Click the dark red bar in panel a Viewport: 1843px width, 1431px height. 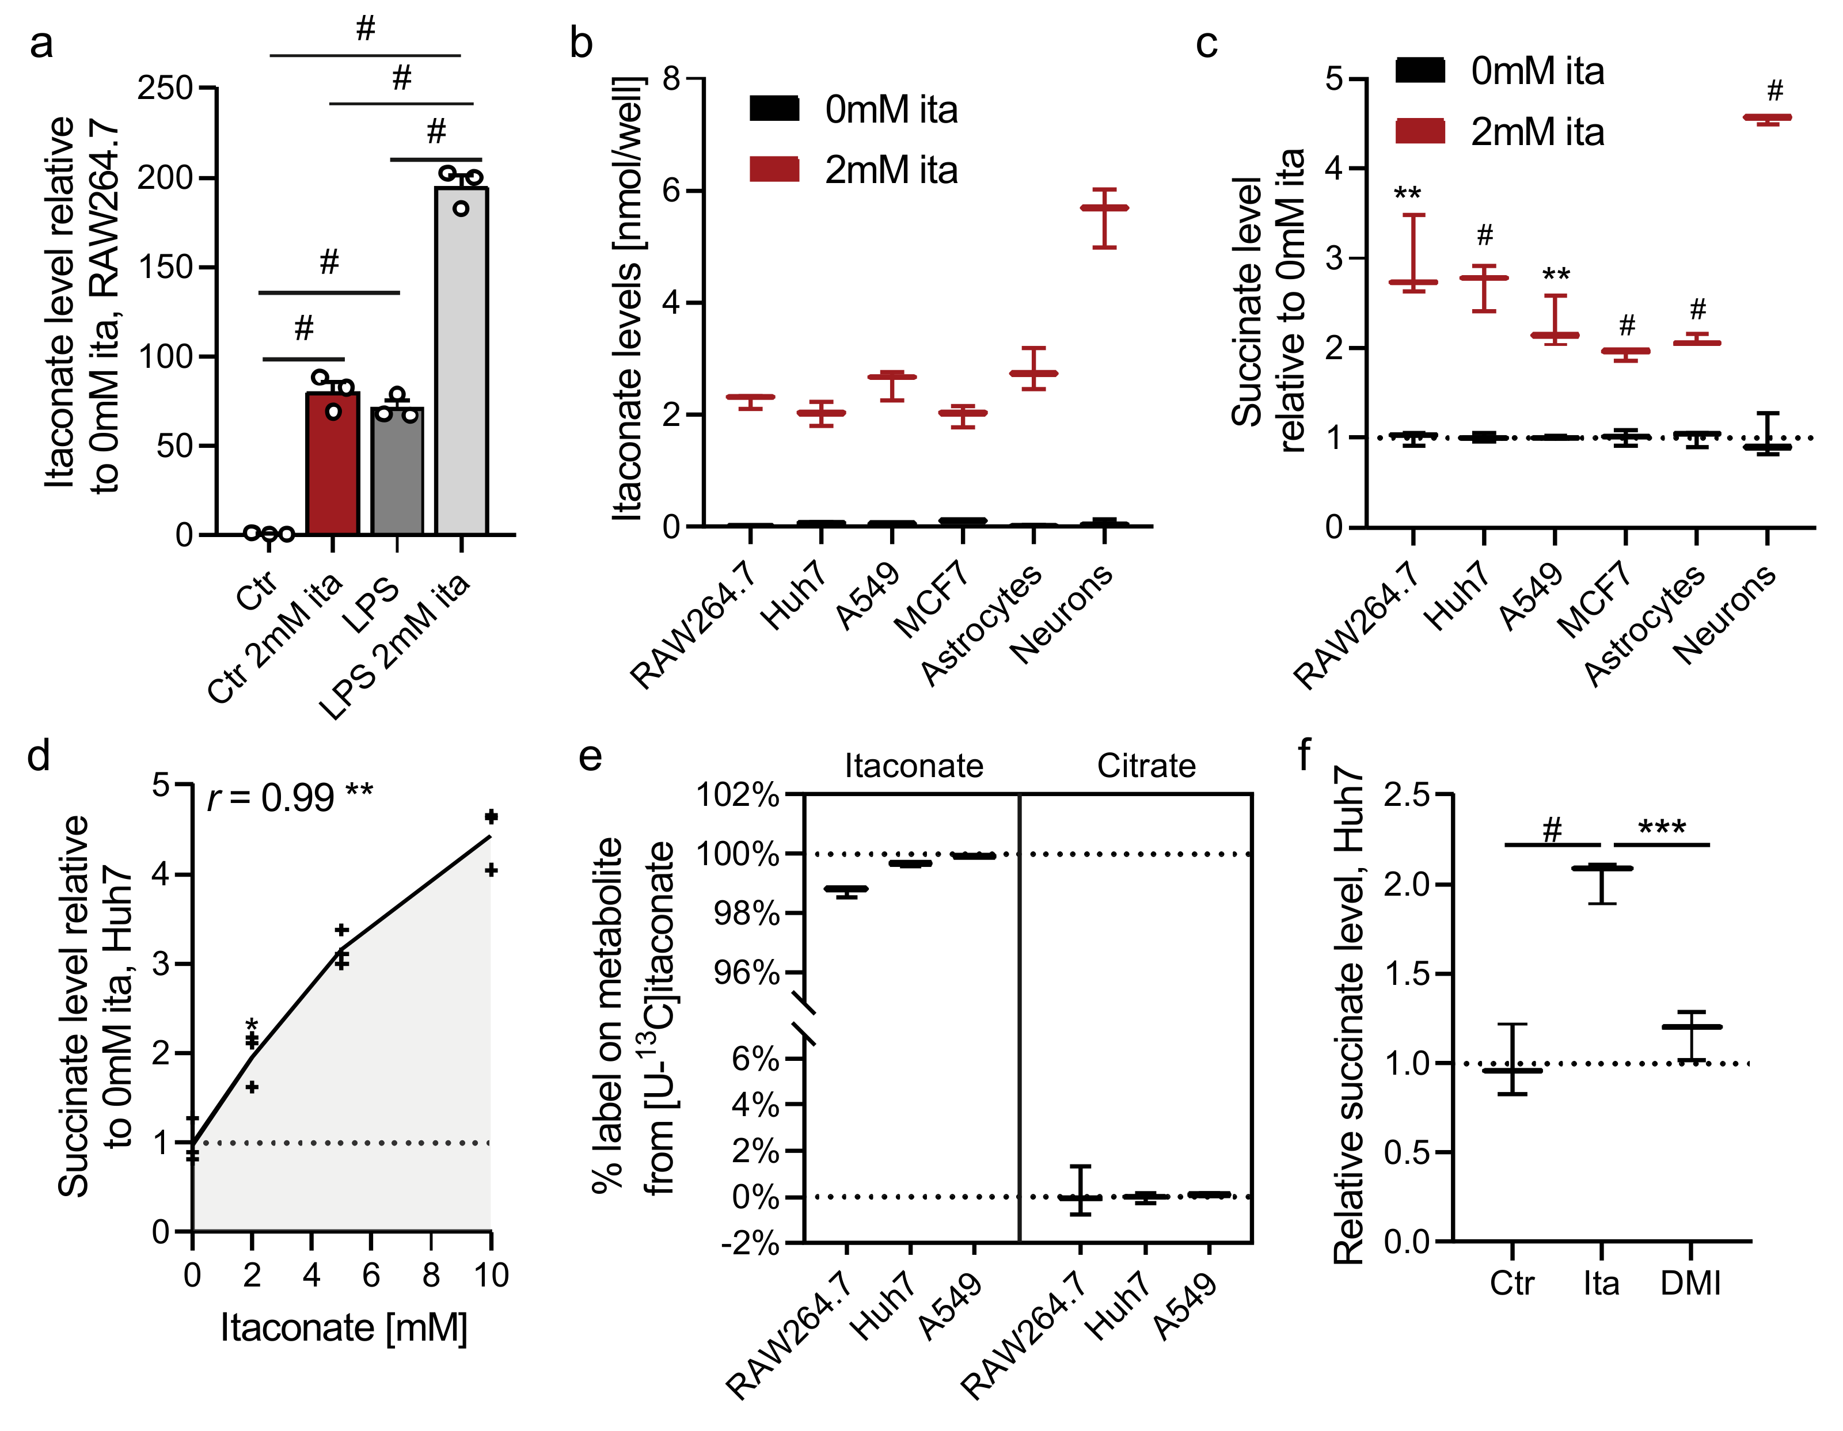point(332,463)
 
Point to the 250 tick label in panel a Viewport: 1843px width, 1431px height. point(165,87)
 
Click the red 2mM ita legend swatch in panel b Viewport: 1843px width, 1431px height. point(774,170)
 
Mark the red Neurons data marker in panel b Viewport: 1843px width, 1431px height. point(1104,208)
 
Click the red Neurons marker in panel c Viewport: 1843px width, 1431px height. point(1767,118)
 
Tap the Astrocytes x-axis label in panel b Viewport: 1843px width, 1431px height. point(981,625)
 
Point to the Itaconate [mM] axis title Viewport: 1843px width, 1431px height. point(344,1328)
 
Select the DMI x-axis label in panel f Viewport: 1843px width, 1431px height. point(1690,1283)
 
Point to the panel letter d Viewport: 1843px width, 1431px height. point(39,755)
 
